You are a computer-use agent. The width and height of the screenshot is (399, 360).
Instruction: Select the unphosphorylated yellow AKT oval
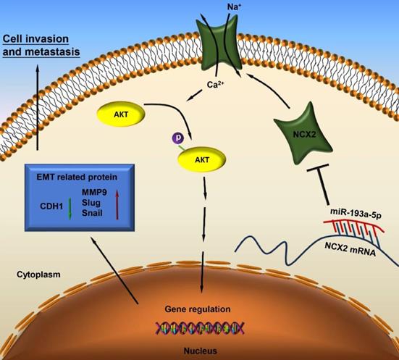[121, 114]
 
